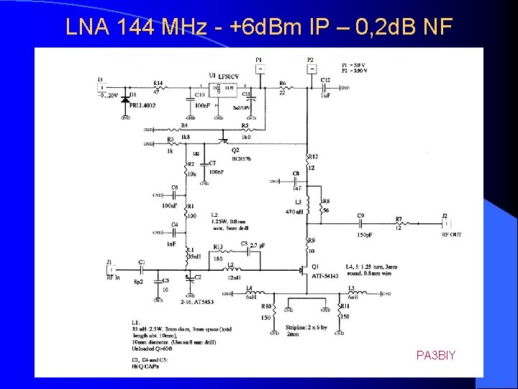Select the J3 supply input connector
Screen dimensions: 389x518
pos(100,88)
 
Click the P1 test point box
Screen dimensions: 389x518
pos(259,69)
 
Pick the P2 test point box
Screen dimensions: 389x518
pos(311,69)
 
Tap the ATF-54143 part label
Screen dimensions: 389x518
pos(325,276)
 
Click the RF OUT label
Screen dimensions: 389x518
pos(452,235)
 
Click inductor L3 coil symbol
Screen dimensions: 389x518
pos(308,207)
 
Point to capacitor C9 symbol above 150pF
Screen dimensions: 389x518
pos(360,224)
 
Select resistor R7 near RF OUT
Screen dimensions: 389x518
pos(398,224)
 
